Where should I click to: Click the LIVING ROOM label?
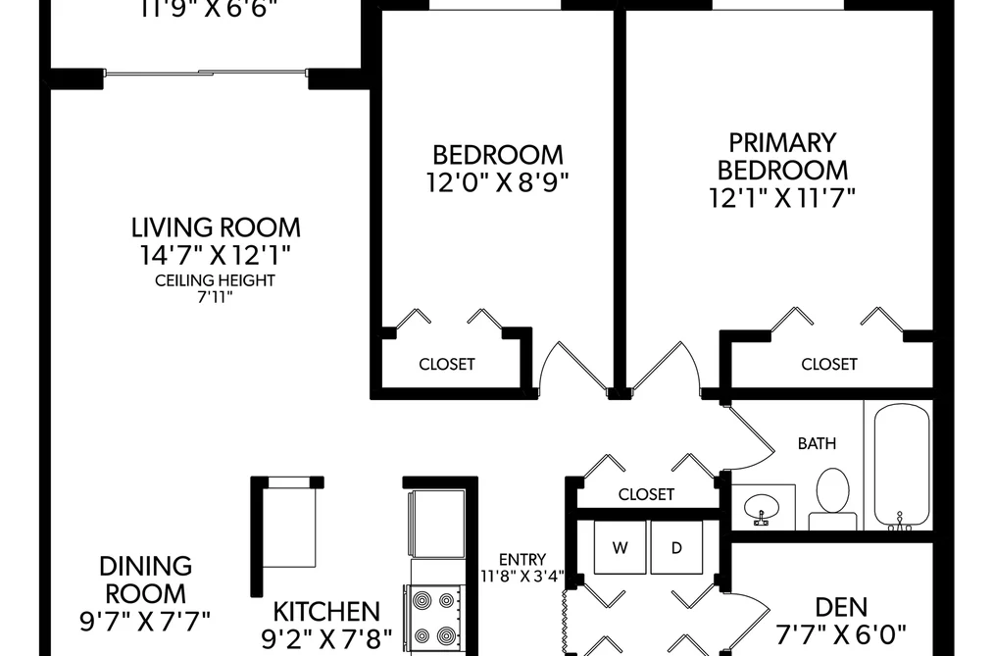(x=216, y=227)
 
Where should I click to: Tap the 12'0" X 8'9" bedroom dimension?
(x=497, y=183)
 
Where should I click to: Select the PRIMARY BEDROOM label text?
(x=783, y=157)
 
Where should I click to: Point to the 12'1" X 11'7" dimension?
(x=782, y=198)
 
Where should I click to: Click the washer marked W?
(x=620, y=548)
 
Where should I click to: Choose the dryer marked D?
(x=676, y=548)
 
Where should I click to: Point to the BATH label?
(x=817, y=443)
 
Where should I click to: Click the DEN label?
(x=841, y=607)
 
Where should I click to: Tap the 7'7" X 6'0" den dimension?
(x=842, y=633)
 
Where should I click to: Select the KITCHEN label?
(x=326, y=612)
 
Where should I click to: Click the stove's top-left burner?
(x=422, y=599)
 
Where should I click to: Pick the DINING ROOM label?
(x=145, y=580)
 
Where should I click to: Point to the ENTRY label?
(x=522, y=560)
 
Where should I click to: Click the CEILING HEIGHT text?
(x=216, y=280)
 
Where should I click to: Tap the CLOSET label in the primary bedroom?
(x=829, y=364)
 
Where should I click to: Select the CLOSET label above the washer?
(x=646, y=494)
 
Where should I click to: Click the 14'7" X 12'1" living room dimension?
(x=216, y=255)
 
